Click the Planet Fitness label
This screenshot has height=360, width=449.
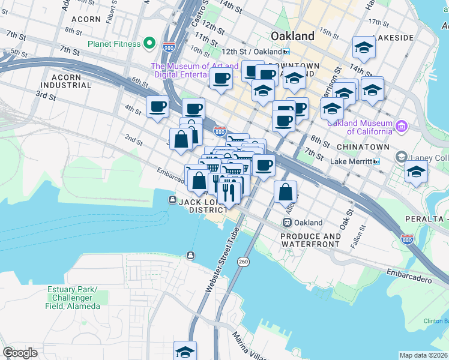tap(114, 44)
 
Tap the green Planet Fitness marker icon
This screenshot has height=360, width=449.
tap(149, 44)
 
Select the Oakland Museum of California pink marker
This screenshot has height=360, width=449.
tap(402, 126)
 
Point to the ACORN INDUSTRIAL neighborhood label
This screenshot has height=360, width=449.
tap(71, 81)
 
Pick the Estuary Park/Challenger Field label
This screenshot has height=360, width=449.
tap(73, 298)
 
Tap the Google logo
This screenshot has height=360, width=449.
tap(20, 353)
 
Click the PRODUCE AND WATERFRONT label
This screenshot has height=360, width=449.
tap(311, 241)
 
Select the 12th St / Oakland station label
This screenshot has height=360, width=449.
tap(252, 52)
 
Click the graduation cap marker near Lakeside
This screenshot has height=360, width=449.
tap(364, 47)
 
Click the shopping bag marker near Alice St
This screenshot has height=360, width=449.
tap(286, 193)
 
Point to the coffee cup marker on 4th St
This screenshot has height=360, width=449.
tap(158, 107)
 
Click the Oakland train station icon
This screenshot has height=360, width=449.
tap(288, 223)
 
